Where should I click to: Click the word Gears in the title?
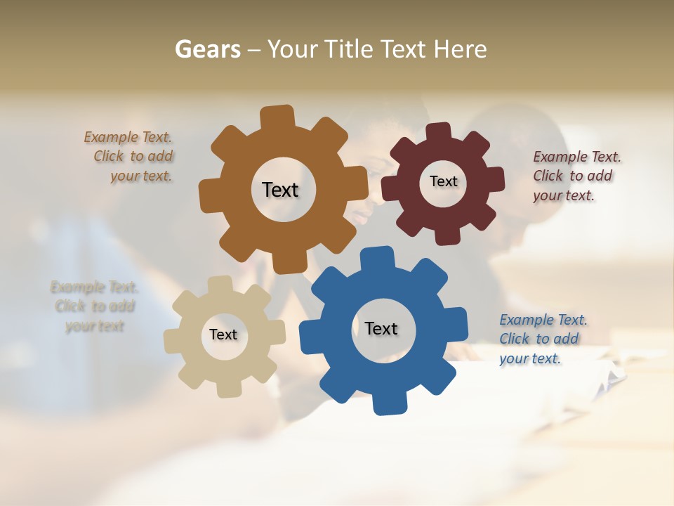click(207, 50)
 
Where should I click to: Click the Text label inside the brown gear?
click(280, 190)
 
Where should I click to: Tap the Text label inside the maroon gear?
click(443, 181)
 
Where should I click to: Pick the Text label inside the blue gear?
click(381, 328)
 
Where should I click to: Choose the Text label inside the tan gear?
click(223, 335)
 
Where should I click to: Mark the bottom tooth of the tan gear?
click(229, 389)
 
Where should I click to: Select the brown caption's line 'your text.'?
click(141, 176)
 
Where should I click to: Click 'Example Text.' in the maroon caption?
click(577, 157)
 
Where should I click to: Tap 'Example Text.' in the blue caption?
click(543, 320)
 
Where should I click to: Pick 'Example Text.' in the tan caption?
click(95, 287)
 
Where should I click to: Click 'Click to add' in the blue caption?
click(539, 339)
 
